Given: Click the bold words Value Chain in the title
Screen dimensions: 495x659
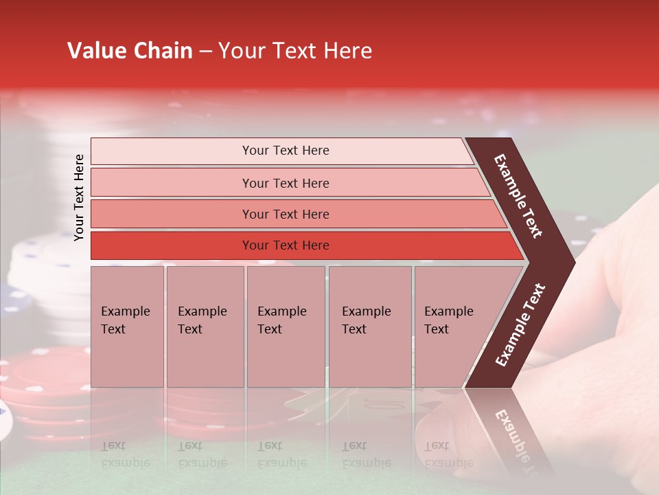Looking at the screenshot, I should pos(130,51).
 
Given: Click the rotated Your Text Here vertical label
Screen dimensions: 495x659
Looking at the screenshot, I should pos(79,197).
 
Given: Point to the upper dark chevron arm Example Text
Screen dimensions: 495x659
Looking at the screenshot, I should pos(519,196).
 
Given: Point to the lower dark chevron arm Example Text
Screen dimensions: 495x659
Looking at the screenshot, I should pos(520,324).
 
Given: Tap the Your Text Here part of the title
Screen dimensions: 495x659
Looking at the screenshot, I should pos(295,51).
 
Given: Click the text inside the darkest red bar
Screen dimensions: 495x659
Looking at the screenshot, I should pos(286,245).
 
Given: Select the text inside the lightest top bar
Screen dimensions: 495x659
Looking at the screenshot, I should pos(286,151).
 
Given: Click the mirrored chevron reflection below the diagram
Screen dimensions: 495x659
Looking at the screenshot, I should pos(511,433).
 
